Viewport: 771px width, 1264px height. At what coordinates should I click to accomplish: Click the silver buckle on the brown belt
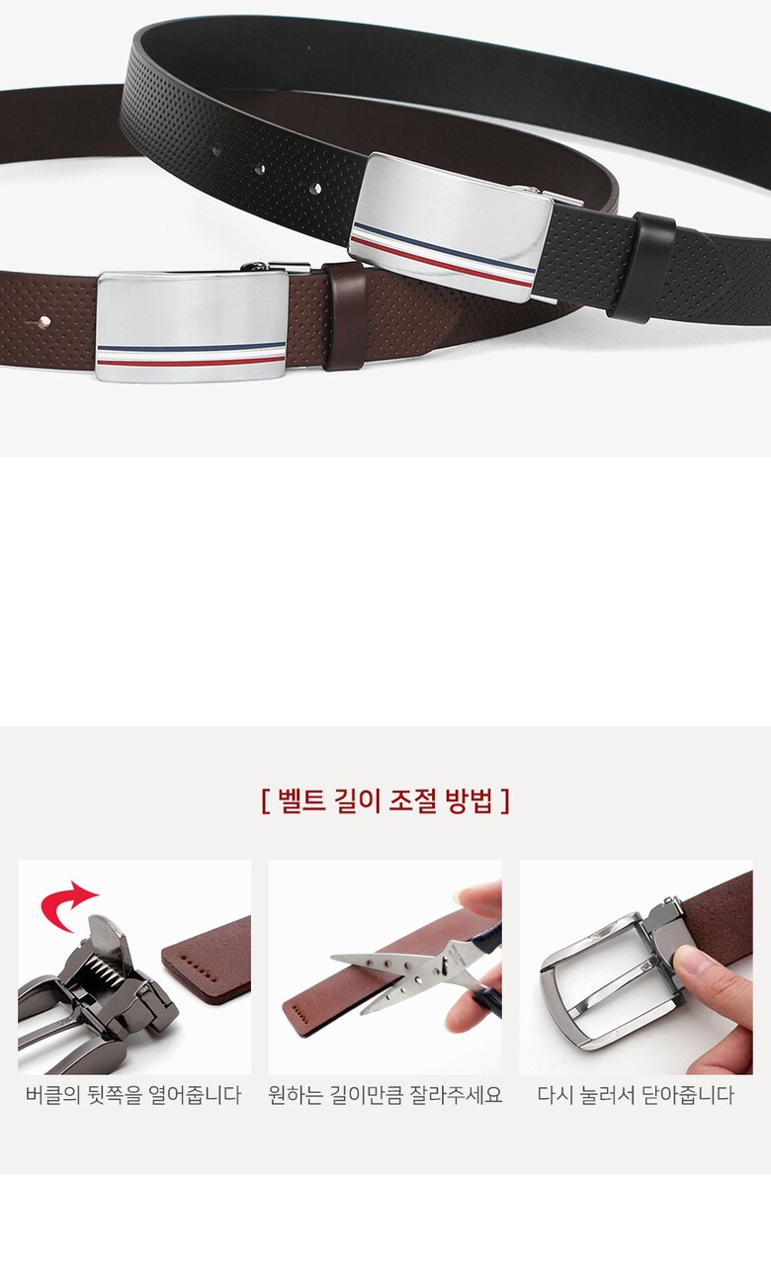pyautogui.click(x=192, y=327)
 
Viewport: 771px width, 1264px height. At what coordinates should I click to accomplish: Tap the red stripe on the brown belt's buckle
pyautogui.click(x=191, y=360)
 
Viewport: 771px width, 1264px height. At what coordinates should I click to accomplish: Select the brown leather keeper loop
pyautogui.click(x=345, y=316)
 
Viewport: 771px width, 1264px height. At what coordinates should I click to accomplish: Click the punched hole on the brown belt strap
pyautogui.click(x=44, y=321)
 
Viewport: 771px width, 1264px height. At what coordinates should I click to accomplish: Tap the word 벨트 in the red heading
pyautogui.click(x=301, y=801)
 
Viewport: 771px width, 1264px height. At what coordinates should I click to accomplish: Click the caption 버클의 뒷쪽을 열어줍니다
pyautogui.click(x=133, y=1095)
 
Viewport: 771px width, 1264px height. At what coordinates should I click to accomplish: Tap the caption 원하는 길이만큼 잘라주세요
pyautogui.click(x=385, y=1095)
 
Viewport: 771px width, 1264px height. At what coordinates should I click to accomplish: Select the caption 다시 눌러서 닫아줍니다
pyautogui.click(x=636, y=1095)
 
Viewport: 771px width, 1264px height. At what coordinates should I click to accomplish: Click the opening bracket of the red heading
pyautogui.click(x=265, y=801)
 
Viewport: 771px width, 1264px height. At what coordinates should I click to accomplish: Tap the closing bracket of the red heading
pyautogui.click(x=505, y=801)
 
